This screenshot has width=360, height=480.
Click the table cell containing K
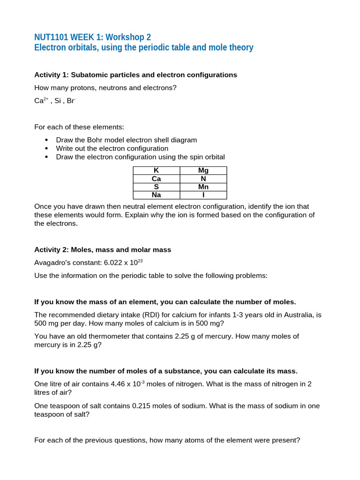(156, 171)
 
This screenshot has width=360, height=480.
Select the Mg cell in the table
(203, 171)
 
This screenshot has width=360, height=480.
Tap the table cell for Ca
(156, 179)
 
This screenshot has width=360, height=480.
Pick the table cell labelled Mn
(203, 187)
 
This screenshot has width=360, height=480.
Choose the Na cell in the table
(156, 195)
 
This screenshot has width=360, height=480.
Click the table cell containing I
(203, 195)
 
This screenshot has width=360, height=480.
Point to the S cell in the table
(156, 187)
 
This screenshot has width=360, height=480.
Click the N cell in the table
(203, 179)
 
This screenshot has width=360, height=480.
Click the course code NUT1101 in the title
(53, 37)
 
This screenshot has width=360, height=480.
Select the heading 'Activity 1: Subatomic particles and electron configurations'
(135, 75)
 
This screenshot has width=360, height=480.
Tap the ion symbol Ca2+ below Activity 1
(41, 101)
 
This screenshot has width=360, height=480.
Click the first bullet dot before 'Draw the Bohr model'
(46, 140)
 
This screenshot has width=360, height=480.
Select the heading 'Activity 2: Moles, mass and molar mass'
(103, 250)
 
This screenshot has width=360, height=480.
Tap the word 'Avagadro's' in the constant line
(52, 263)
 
